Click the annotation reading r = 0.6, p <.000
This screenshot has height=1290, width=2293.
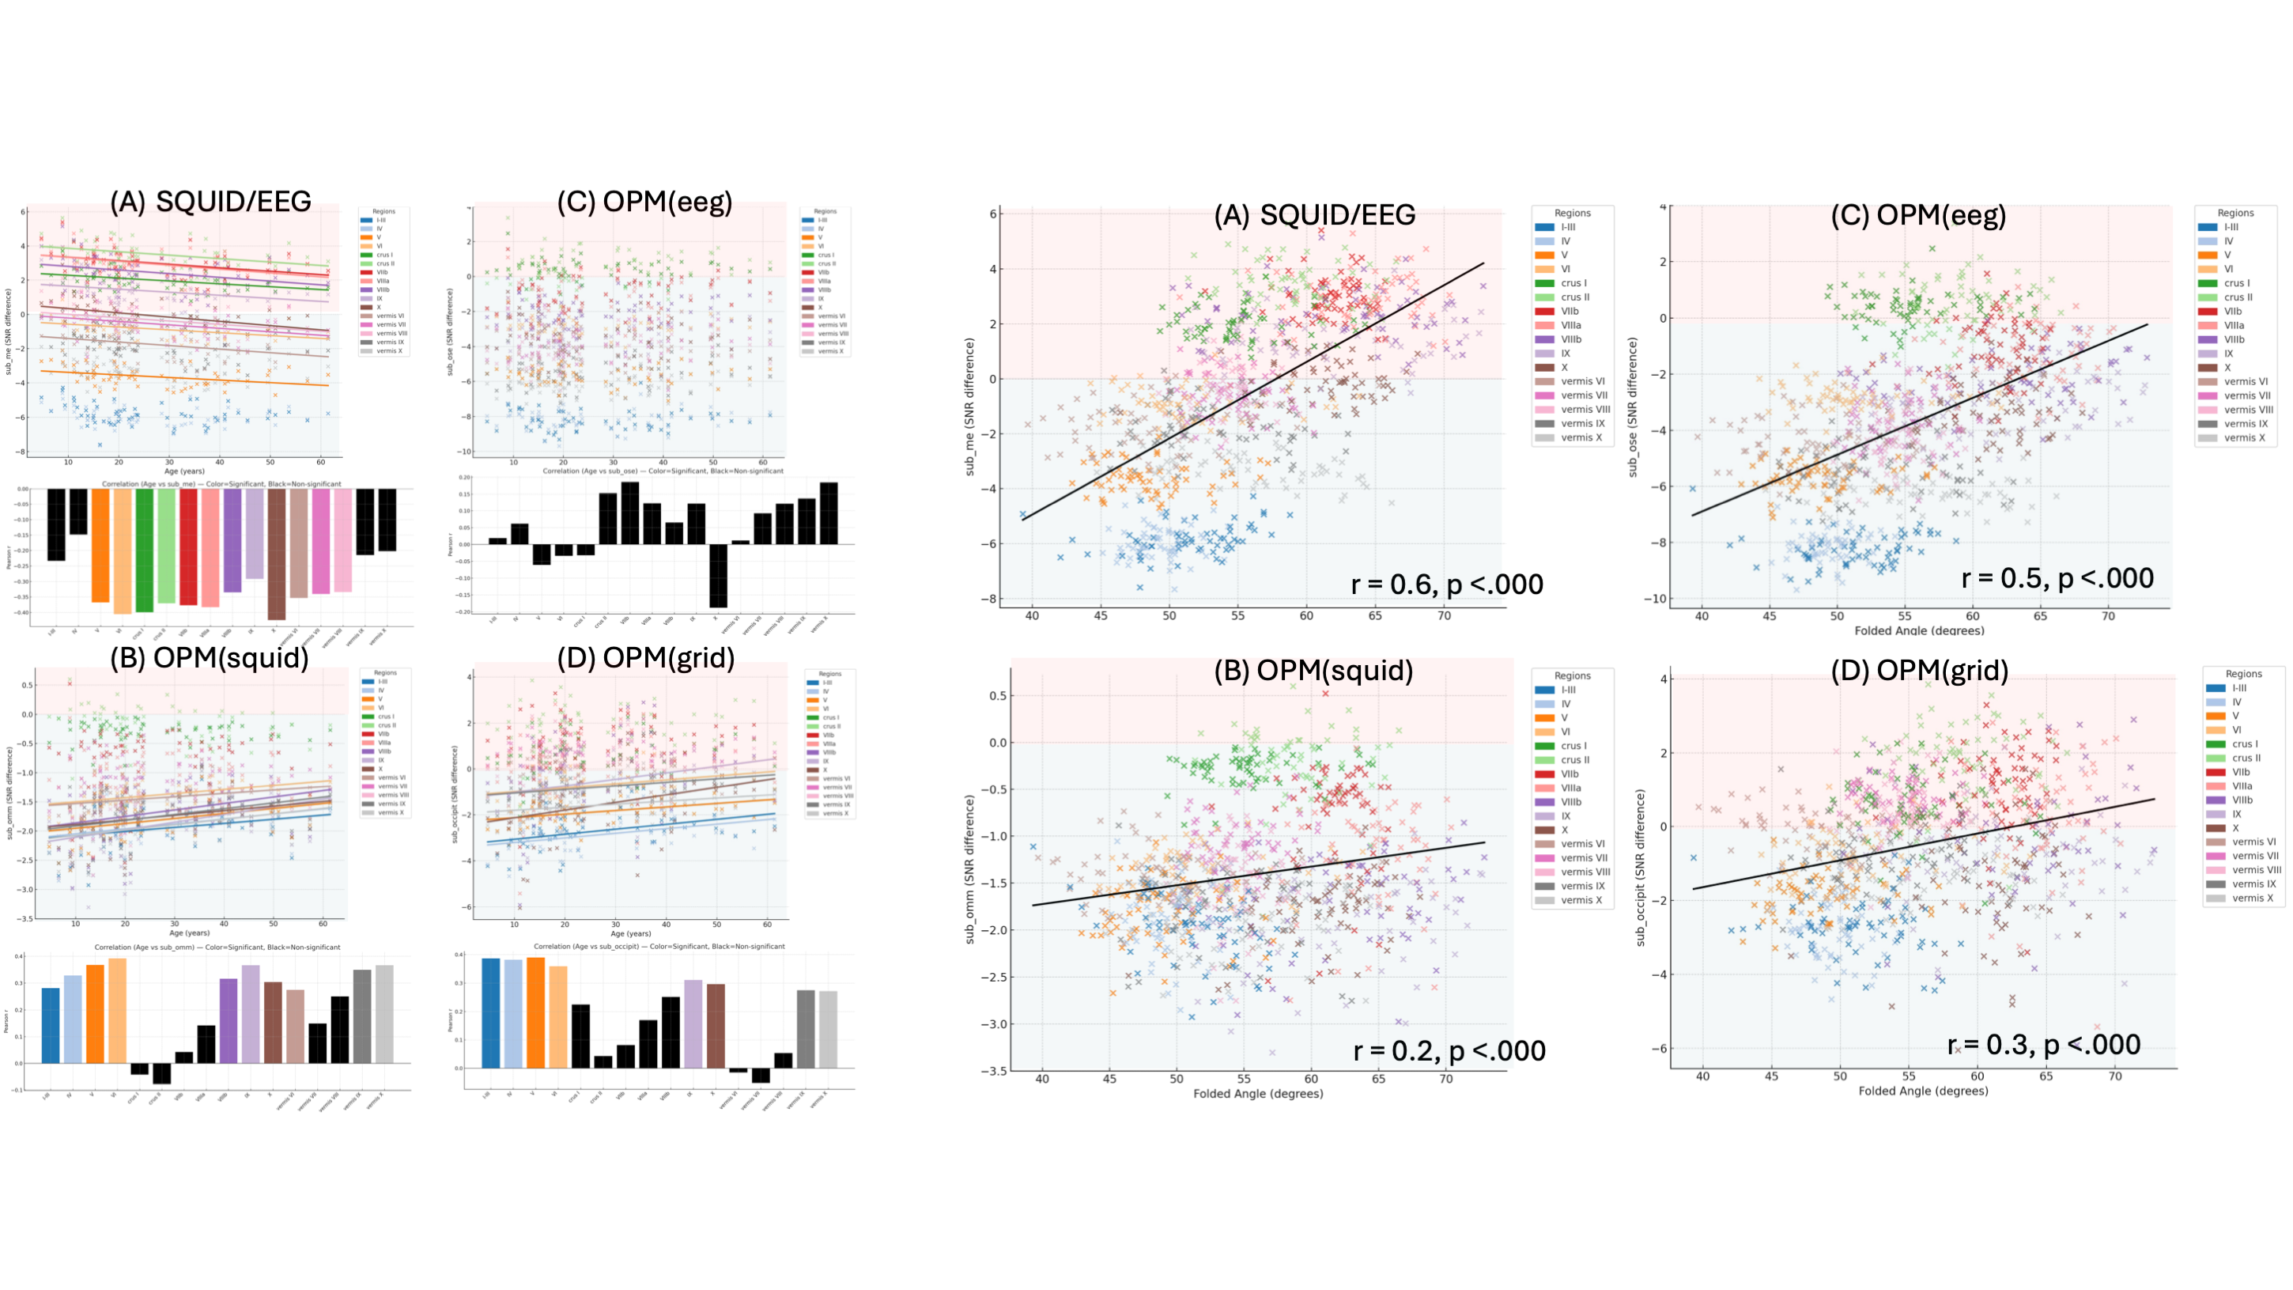click(1446, 585)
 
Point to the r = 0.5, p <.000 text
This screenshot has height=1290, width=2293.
click(2057, 579)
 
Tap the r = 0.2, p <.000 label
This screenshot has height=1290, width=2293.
click(1449, 1051)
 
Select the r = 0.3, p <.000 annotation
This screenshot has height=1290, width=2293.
click(2044, 1044)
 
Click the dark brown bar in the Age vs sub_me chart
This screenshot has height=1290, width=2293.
click(277, 554)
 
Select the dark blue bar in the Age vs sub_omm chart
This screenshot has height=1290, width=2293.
click(51, 1025)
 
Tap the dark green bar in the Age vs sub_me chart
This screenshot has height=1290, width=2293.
click(144, 550)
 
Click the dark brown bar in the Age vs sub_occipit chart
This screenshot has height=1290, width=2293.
click(716, 1026)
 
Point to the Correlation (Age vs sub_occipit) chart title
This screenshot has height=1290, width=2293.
click(659, 947)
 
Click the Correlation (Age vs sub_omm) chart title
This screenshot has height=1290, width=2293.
click(217, 948)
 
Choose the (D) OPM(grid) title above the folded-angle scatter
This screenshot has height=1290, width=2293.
click(1918, 671)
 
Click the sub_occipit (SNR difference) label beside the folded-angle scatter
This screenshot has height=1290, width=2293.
click(1641, 867)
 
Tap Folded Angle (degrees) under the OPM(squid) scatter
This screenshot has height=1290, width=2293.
click(1258, 1093)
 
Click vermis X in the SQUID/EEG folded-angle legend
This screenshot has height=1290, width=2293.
click(1581, 438)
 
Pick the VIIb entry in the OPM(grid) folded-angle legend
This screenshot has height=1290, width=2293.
click(2242, 772)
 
